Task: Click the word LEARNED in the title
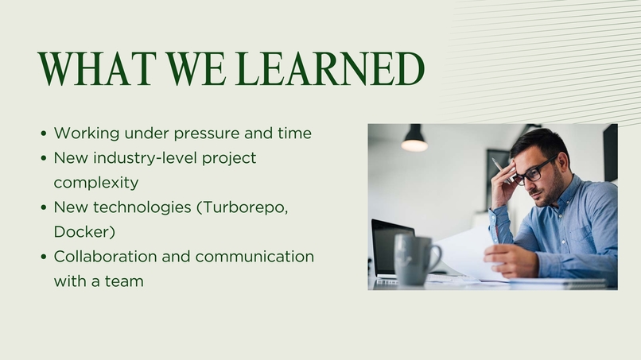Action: click(x=329, y=68)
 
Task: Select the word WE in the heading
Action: click(x=196, y=68)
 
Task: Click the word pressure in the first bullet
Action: click(x=207, y=134)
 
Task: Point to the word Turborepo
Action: click(x=246, y=207)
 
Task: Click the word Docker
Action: click(x=84, y=232)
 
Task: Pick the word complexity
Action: click(x=96, y=183)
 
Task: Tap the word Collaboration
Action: click(x=105, y=257)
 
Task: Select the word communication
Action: click(x=254, y=257)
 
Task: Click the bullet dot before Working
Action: click(x=44, y=134)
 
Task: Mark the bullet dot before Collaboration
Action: click(x=44, y=257)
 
